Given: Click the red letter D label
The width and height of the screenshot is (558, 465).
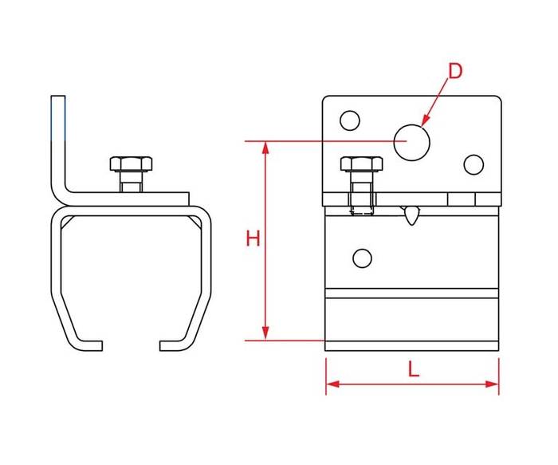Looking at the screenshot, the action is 455,71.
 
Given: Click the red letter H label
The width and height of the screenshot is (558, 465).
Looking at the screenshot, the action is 253,238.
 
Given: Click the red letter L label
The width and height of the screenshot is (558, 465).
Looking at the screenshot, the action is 413,368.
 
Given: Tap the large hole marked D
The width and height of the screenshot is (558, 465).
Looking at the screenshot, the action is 412,143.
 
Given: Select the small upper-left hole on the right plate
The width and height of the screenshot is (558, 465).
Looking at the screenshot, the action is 350,120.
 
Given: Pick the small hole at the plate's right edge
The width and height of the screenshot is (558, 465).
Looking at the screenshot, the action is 474,164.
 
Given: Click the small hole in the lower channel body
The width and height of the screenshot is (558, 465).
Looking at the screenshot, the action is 362,258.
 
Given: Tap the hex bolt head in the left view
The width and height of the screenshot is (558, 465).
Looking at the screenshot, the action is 131,164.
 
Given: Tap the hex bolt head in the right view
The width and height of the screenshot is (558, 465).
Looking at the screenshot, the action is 362,164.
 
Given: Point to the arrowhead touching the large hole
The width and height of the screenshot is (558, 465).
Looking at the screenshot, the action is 425,122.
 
